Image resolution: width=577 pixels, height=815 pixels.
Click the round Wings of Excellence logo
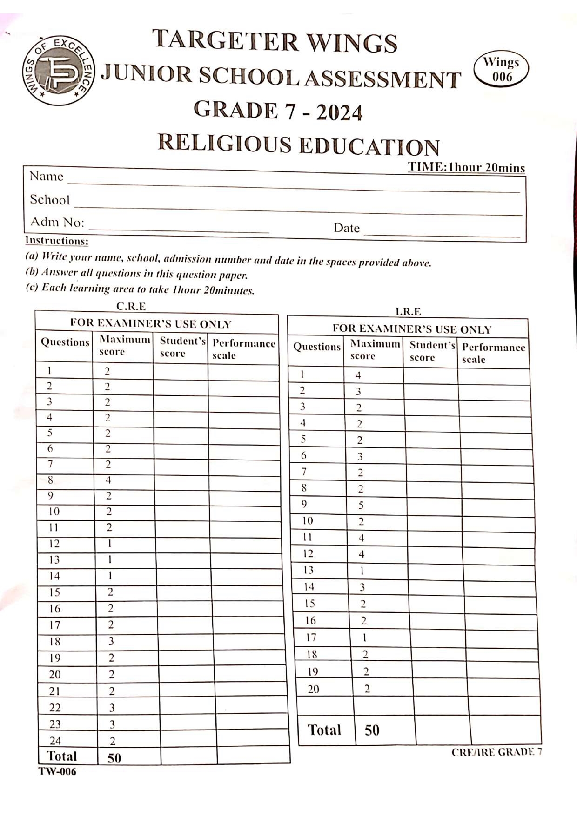pyautogui.click(x=59, y=70)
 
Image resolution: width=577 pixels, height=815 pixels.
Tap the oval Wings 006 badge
pyautogui.click(x=501, y=69)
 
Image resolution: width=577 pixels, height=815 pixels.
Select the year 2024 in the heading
pyautogui.click(x=339, y=113)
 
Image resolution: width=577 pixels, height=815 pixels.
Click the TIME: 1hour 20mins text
pyautogui.click(x=466, y=168)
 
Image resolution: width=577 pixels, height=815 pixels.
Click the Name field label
pyautogui.click(x=46, y=177)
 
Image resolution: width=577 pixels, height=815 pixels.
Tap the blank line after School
pyautogui.click(x=298, y=207)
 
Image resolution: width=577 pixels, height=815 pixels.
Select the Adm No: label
pyautogui.click(x=57, y=222)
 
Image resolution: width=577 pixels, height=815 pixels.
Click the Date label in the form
pyautogui.click(x=346, y=228)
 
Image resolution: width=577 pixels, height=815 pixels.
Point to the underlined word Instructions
pyautogui.click(x=56, y=241)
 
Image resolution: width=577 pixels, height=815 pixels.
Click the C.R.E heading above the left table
pyautogui.click(x=131, y=306)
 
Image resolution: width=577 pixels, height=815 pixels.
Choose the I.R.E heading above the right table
pyautogui.click(x=408, y=311)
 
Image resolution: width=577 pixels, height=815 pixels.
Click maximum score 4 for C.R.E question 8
pyautogui.click(x=108, y=480)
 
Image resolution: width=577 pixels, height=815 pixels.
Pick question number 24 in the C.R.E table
pyautogui.click(x=55, y=741)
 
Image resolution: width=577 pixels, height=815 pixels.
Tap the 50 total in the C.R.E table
pyautogui.click(x=114, y=758)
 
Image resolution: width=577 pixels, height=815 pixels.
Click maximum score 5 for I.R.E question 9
pyautogui.click(x=361, y=505)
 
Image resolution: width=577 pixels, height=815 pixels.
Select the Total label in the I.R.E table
pyautogui.click(x=324, y=730)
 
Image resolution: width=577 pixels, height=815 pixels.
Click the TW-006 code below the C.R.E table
pyautogui.click(x=57, y=772)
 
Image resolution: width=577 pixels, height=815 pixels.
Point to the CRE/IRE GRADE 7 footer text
pyautogui.click(x=496, y=752)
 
